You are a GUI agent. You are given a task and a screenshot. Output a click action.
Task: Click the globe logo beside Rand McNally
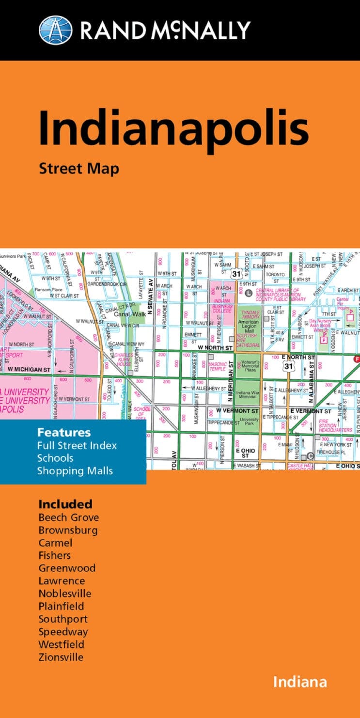pos(55,30)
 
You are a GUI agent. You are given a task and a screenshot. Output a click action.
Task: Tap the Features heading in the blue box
pos(64,432)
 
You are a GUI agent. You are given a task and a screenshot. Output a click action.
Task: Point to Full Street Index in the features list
pos(77,445)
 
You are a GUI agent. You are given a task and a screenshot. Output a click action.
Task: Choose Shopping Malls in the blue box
pos(75,470)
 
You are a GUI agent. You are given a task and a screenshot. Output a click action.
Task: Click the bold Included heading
pos(65,504)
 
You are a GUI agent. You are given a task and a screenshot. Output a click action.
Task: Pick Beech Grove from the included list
pos(68,517)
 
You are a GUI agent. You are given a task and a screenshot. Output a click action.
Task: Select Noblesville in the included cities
pos(64,593)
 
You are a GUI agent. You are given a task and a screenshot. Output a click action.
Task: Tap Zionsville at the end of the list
pos(61,657)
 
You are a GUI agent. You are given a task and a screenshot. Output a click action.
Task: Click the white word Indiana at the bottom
pos(299,682)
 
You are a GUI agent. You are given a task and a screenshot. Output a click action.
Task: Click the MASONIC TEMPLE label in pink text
pos(218,366)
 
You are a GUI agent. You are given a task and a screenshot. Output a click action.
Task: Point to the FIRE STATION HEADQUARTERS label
pos(335,425)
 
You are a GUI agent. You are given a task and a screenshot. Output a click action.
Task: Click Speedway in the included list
pos(63,632)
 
